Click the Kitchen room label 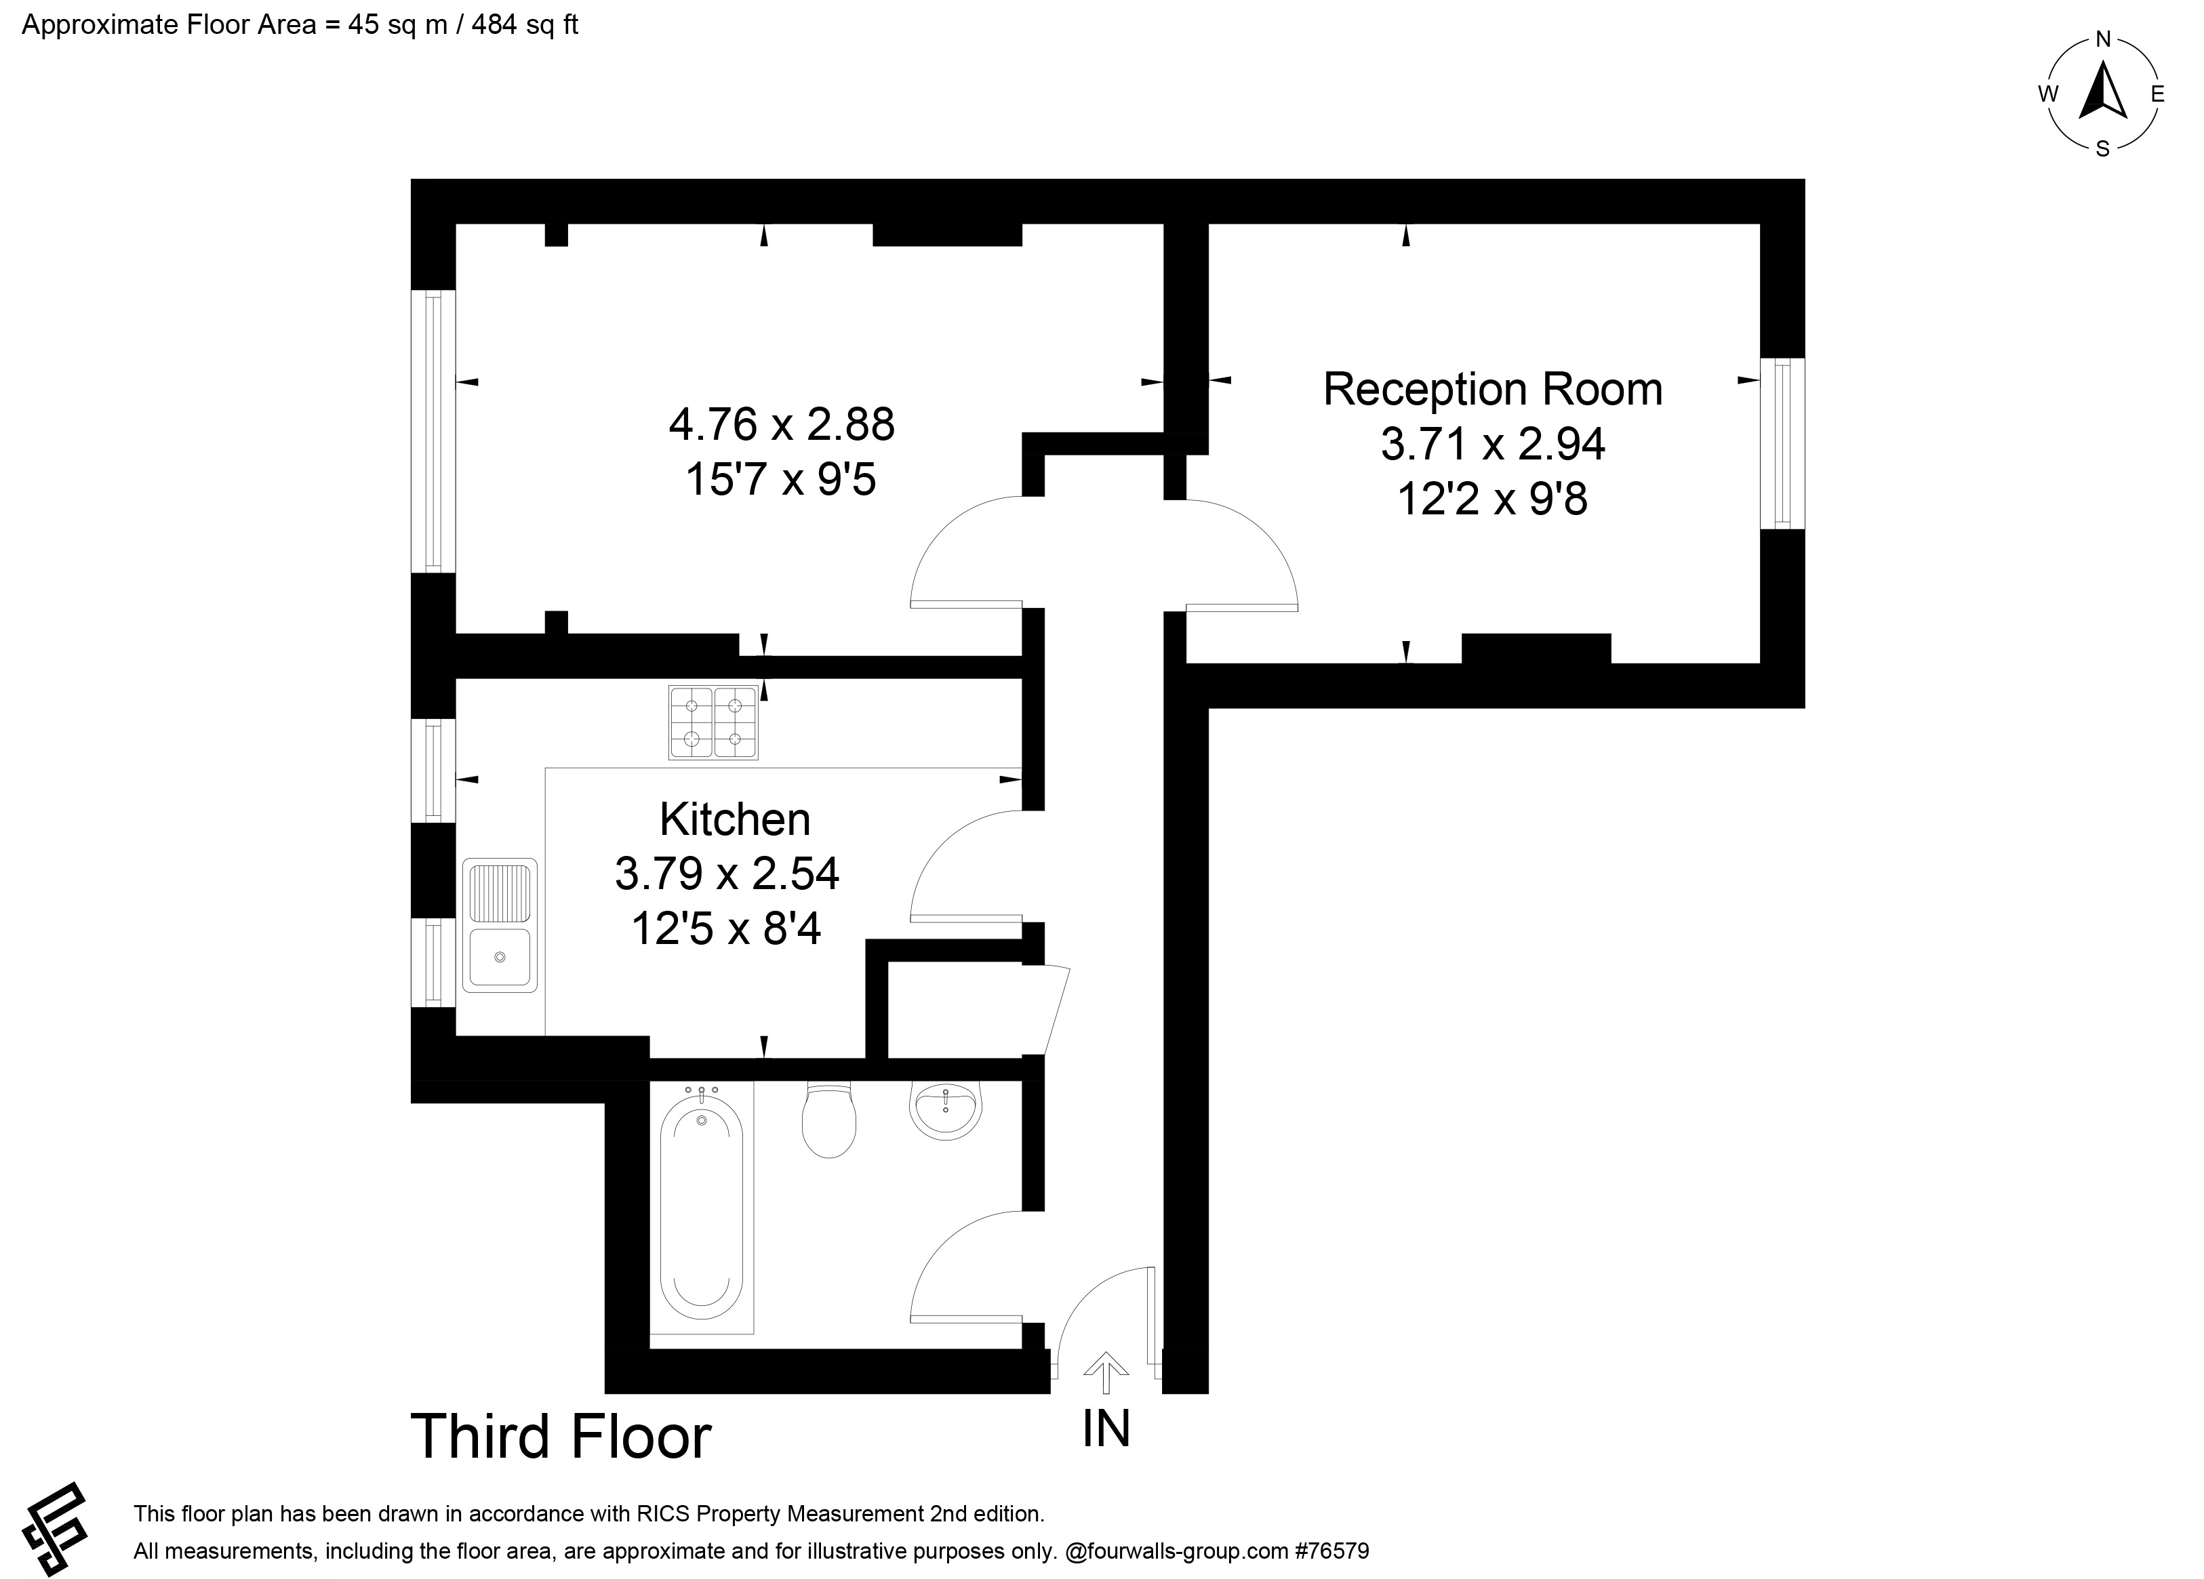(735, 819)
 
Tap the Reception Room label (1493, 390)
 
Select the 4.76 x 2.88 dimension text (781, 425)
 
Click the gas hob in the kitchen (713, 723)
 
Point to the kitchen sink (500, 925)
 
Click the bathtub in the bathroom (702, 1207)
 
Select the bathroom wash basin (944, 1109)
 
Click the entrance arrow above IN (1105, 1372)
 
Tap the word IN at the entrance (1107, 1429)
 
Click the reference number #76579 (1331, 1551)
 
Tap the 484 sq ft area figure (525, 24)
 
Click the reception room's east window (1782, 443)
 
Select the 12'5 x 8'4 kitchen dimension (726, 928)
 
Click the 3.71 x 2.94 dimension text (1493, 444)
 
